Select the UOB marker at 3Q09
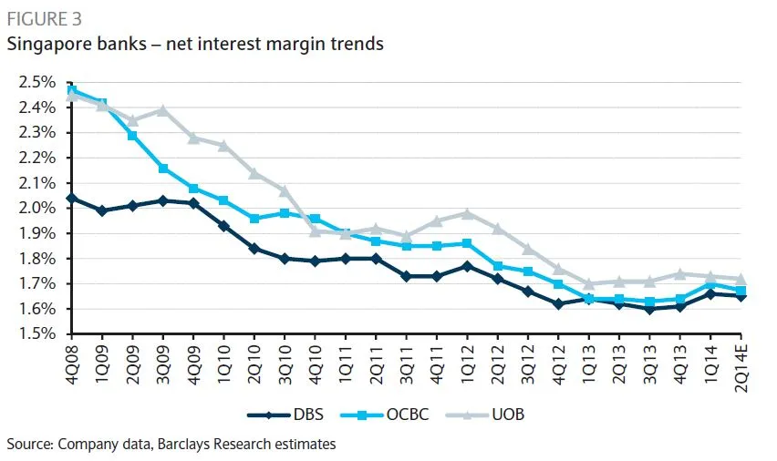(x=163, y=110)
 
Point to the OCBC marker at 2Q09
(x=133, y=135)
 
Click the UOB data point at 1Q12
(x=467, y=213)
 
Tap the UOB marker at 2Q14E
(x=741, y=279)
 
